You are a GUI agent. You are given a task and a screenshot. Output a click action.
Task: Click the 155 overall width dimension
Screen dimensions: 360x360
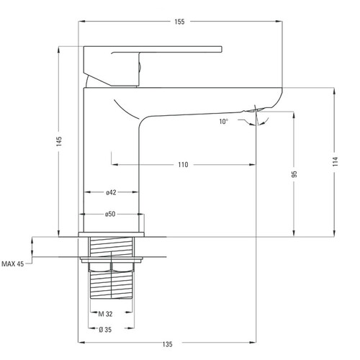[x=179, y=22]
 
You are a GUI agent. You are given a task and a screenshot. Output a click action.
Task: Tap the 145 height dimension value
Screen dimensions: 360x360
[x=59, y=141]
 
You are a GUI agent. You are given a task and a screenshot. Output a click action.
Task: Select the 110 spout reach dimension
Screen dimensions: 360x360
[x=183, y=165]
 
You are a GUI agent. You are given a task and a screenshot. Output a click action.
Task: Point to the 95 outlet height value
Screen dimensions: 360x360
[x=294, y=174]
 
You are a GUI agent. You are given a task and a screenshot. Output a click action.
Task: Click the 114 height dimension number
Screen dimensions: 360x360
[x=336, y=161]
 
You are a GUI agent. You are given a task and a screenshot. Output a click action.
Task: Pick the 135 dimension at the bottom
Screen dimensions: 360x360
[x=167, y=344]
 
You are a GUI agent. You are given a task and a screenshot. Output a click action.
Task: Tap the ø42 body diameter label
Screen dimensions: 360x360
[x=111, y=192]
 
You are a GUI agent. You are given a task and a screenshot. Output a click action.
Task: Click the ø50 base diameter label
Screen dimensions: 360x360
[x=110, y=214]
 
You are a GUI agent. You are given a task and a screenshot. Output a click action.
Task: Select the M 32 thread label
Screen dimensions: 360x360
[x=105, y=314]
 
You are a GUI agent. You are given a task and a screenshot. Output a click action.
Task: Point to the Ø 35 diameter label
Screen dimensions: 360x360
[x=105, y=330]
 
